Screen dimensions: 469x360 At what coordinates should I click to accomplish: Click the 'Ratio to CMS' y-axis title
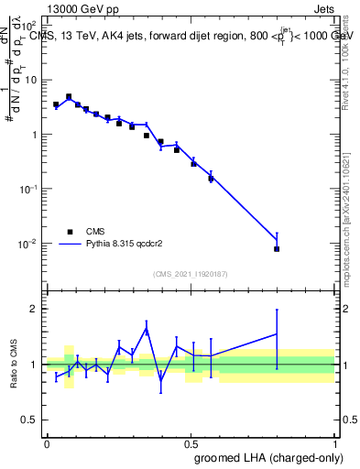point(13,365)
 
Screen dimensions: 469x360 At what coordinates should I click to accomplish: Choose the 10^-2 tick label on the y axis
point(26,244)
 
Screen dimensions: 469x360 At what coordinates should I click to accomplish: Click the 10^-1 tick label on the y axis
point(26,189)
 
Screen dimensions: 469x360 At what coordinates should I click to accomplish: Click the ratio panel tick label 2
point(33,309)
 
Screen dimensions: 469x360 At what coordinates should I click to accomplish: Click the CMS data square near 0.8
point(277,248)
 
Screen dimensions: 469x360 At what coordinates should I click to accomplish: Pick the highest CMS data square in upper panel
point(70,96)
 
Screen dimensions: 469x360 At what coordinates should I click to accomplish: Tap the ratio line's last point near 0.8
point(277,334)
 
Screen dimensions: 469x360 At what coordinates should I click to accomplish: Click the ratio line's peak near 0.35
point(147,329)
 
